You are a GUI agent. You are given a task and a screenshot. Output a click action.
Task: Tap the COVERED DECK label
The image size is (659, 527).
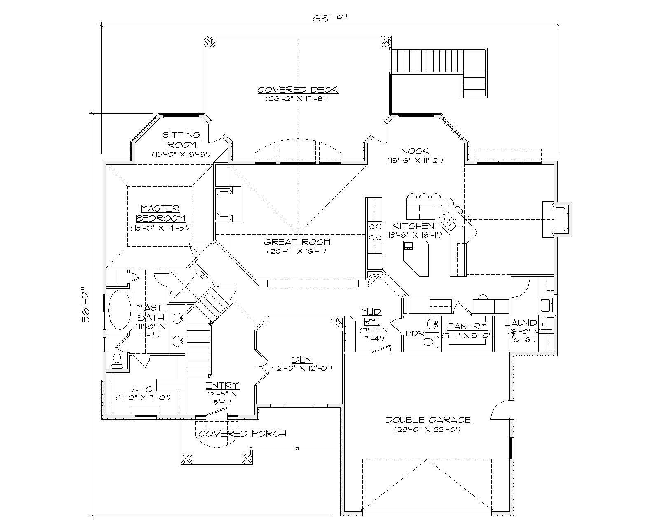297,90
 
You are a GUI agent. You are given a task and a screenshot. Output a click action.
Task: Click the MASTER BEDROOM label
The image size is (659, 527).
160,213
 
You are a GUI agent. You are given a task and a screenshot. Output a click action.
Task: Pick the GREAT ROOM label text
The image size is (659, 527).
297,242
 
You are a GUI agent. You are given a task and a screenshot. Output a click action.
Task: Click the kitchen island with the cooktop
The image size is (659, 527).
416,257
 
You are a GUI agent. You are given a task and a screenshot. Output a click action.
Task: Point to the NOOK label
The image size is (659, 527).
415,151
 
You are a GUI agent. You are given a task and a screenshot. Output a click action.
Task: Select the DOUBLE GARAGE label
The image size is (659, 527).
428,420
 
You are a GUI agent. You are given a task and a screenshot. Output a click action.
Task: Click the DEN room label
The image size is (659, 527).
302,359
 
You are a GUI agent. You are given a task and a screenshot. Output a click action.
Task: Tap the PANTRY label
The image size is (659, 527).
467,326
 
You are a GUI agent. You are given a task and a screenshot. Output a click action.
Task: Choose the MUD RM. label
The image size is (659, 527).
371,316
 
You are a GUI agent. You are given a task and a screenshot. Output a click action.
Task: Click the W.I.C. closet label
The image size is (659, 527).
143,389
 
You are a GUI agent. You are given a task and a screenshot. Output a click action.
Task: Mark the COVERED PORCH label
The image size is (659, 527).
243,434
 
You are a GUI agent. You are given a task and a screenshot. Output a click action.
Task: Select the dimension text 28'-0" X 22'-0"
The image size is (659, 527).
428,429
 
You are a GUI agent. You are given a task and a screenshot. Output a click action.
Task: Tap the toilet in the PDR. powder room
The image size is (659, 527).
428,341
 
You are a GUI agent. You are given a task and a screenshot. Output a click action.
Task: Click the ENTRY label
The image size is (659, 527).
222,385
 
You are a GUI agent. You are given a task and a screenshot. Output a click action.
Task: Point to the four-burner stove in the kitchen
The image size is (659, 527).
375,231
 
